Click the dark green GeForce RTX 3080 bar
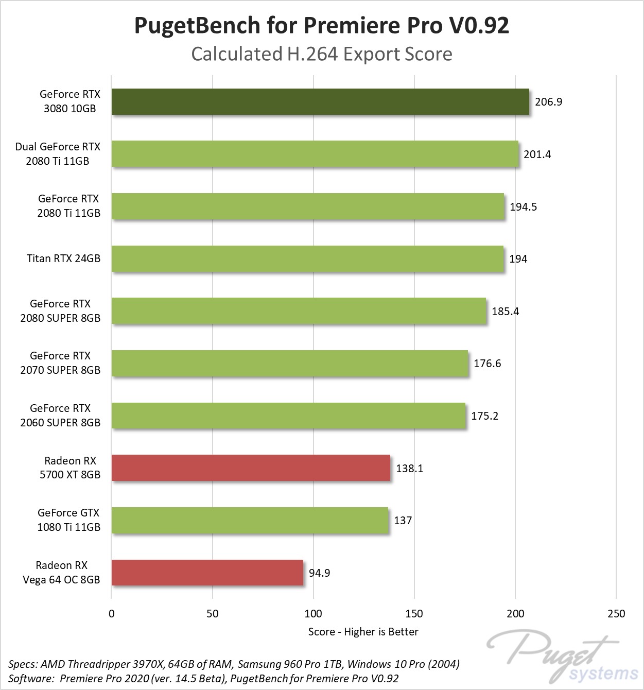(x=320, y=101)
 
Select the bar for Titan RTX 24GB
(x=307, y=258)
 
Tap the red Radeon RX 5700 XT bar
(x=251, y=468)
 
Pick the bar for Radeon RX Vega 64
(x=207, y=573)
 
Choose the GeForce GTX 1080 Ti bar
(x=250, y=520)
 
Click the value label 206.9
(x=548, y=102)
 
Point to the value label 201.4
(x=537, y=154)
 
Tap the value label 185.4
(x=505, y=312)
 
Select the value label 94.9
(x=319, y=573)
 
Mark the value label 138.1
(x=409, y=469)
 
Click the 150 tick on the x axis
(x=414, y=614)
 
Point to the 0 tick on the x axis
(x=112, y=614)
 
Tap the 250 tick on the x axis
(x=616, y=614)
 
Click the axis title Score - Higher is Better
(x=363, y=632)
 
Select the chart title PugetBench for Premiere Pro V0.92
(x=322, y=25)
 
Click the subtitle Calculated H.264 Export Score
(x=322, y=54)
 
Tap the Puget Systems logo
(x=564, y=657)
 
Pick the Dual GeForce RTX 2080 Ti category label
(x=58, y=154)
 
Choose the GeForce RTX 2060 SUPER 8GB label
(x=60, y=416)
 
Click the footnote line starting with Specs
(x=234, y=664)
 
